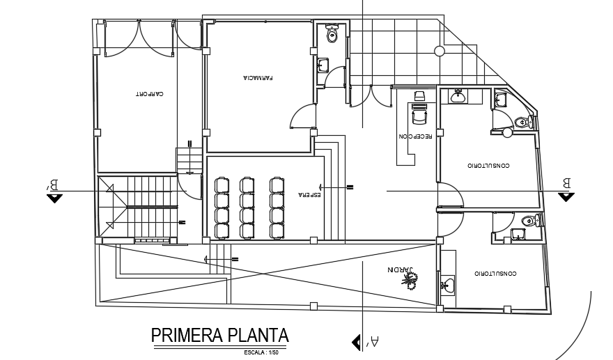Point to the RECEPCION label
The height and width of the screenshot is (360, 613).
coord(416,136)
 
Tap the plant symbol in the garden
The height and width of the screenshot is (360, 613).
coord(412,281)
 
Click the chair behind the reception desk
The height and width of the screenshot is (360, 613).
coord(420,95)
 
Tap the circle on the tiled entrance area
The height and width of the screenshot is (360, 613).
coord(439,50)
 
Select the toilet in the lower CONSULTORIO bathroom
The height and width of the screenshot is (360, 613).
coord(529,221)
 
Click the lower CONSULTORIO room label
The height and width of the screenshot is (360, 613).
coord(495,273)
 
